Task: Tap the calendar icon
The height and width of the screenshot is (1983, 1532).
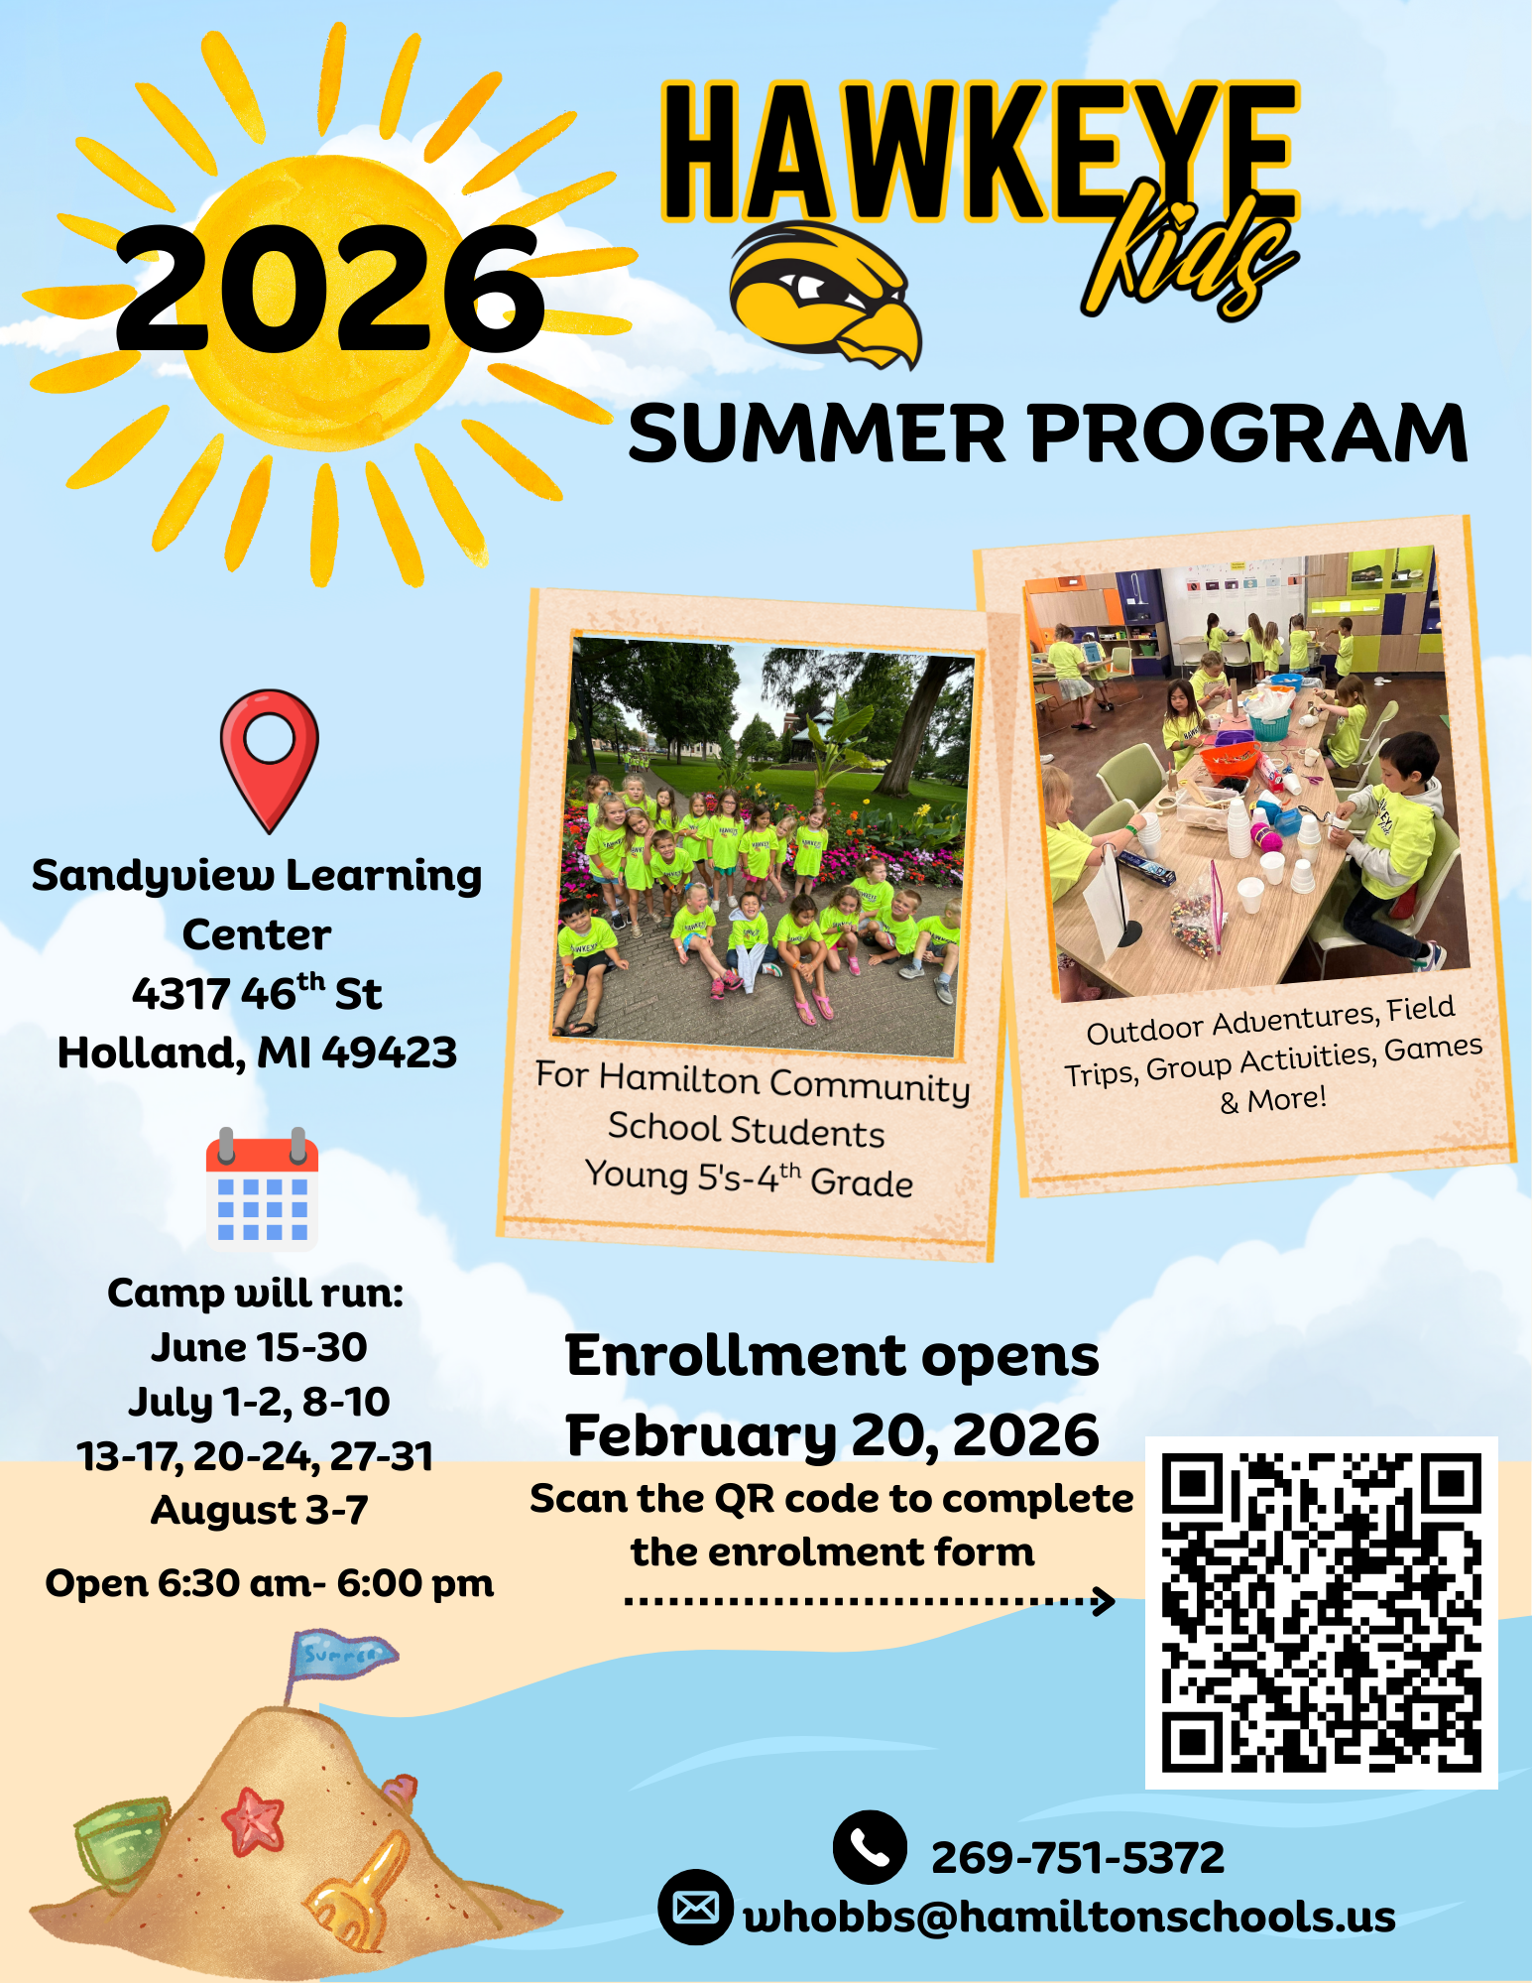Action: [x=262, y=1187]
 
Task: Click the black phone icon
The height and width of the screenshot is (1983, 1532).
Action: [x=870, y=1847]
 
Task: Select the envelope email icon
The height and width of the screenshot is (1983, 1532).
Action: [x=695, y=1907]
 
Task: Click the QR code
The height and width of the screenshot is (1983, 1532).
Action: [x=1321, y=1612]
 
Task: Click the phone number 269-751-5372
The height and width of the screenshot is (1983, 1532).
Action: [x=1078, y=1858]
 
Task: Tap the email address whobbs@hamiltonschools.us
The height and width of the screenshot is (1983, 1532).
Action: [x=1069, y=1917]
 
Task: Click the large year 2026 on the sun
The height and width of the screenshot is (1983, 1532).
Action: [x=329, y=289]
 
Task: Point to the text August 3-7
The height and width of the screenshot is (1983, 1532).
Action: [x=259, y=1510]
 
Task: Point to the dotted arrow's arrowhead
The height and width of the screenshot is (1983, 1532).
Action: [x=1103, y=1600]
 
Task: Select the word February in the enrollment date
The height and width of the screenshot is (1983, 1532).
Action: [x=701, y=1436]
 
